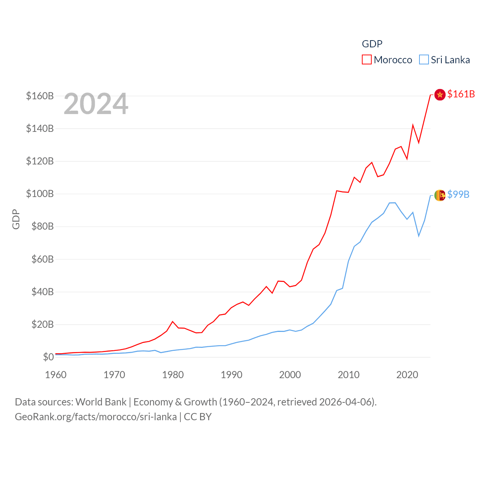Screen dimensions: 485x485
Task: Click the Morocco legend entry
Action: tap(387, 60)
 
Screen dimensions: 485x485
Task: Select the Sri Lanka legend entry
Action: tap(444, 60)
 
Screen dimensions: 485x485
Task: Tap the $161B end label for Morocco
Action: tap(461, 94)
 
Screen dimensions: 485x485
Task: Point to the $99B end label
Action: tap(458, 194)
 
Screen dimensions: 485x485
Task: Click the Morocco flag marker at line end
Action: tap(440, 95)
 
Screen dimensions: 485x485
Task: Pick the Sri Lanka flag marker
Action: tap(440, 195)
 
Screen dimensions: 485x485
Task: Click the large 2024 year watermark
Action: tap(96, 104)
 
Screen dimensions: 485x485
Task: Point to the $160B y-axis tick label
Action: tap(40, 96)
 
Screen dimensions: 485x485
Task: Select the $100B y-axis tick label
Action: tap(40, 194)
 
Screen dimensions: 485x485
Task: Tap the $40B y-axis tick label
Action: tap(42, 292)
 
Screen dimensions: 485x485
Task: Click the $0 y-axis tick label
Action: tap(48, 357)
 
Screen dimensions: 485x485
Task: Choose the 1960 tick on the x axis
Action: tap(56, 375)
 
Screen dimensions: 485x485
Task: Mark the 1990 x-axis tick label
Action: tap(232, 375)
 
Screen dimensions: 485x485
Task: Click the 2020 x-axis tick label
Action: tap(407, 375)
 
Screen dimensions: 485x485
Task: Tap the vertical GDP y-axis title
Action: tap(16, 219)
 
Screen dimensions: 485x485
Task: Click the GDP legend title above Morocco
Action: tap(372, 44)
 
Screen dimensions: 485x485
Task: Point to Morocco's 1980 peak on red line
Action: tap(173, 322)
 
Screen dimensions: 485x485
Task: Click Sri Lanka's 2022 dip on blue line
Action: tap(419, 236)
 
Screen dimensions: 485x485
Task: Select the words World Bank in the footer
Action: tap(101, 402)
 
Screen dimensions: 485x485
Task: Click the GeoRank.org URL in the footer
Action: tap(95, 417)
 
